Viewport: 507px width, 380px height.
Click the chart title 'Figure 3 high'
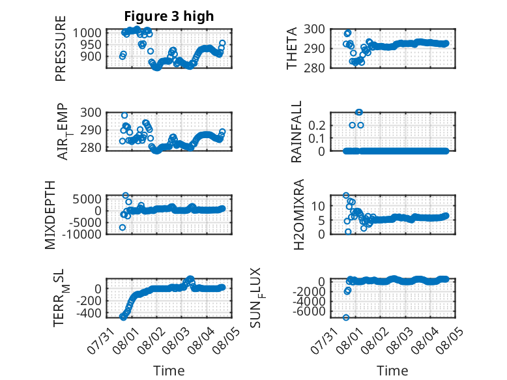tap(169, 16)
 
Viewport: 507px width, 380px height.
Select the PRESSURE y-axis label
tap(61, 48)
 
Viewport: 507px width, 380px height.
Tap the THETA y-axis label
tap(292, 48)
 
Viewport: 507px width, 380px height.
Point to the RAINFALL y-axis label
tap(296, 132)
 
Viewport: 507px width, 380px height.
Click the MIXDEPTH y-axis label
tap(50, 215)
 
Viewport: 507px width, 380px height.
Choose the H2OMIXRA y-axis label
tap(298, 214)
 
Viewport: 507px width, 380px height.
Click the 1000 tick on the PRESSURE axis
tap(87, 33)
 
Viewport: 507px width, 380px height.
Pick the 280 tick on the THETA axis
tap(314, 68)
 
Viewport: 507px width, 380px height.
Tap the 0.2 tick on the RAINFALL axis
tap(317, 125)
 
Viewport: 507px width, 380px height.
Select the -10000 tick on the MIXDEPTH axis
tap(82, 234)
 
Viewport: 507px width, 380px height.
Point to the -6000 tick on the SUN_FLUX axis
tap(309, 311)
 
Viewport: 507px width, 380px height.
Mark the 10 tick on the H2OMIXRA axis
tap(318, 206)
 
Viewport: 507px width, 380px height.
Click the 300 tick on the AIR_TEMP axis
tap(91, 113)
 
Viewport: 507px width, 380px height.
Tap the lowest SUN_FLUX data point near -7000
tap(346, 317)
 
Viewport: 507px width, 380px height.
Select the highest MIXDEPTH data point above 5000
tap(126, 196)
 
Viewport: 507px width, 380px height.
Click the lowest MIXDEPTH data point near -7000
tap(123, 227)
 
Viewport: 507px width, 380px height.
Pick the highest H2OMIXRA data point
tap(346, 196)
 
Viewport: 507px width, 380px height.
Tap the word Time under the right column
tap(392, 371)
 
